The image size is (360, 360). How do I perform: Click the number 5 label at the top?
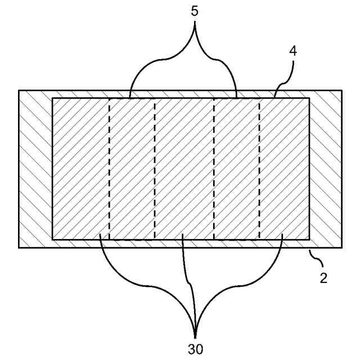pos(195,11)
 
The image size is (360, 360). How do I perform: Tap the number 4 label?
pos(293,51)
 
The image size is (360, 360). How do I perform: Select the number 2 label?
pos(323,277)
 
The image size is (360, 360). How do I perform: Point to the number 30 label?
pos(195,349)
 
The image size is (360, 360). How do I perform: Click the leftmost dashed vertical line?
pos(109,169)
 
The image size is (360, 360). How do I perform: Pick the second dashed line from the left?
pos(155,169)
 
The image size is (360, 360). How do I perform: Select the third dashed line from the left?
pos(214,169)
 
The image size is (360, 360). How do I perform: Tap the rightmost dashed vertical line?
pos(259,169)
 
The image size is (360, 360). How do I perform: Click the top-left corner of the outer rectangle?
pos(19,90)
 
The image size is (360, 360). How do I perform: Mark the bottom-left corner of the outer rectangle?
pos(19,247)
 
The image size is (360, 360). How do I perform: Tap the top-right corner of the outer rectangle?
pos(341,90)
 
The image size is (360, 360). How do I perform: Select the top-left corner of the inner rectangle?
pos(52,98)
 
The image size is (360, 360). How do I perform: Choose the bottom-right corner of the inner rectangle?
pos(309,239)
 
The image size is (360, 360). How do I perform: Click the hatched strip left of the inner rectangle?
pos(35,169)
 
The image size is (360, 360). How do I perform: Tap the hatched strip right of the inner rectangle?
pos(325,169)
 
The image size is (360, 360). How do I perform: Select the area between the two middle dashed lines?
pos(184,169)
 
